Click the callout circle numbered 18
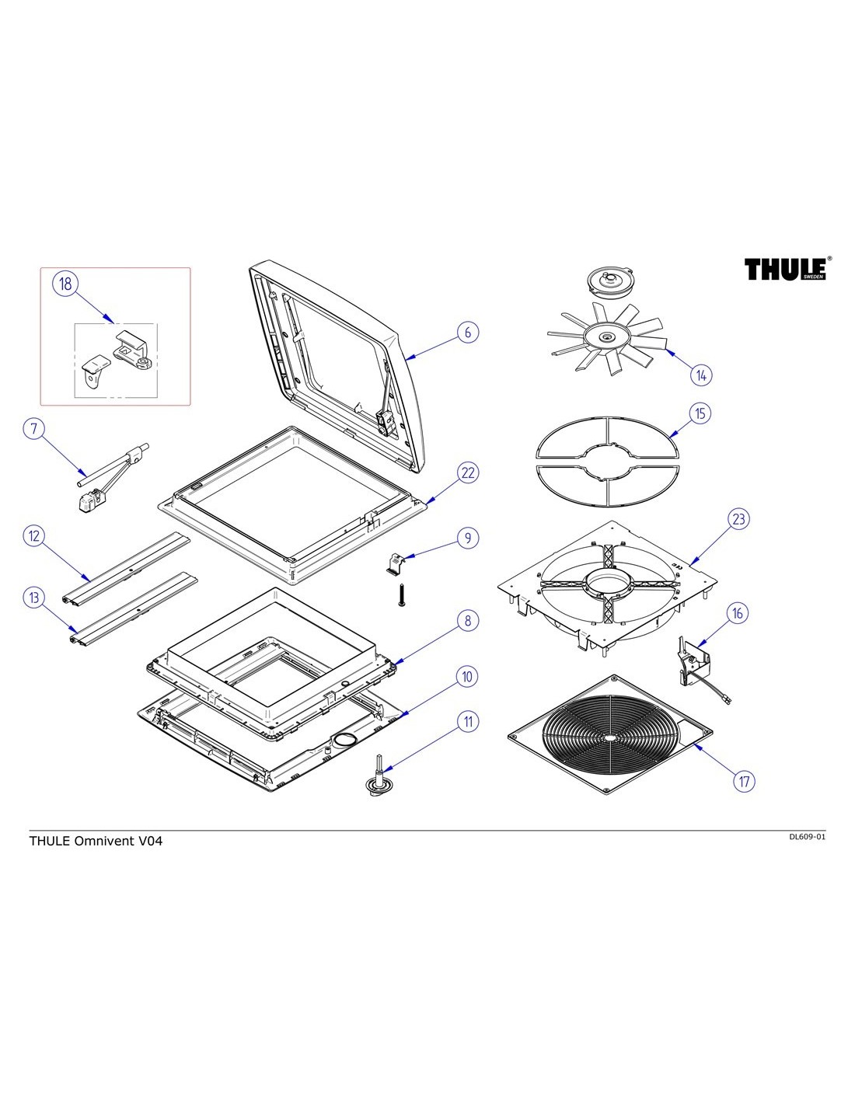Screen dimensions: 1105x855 (65, 284)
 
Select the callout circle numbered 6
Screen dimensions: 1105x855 (467, 332)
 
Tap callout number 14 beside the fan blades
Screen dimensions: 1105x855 (701, 375)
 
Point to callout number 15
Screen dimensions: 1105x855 (700, 413)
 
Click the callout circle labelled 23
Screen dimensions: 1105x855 (738, 518)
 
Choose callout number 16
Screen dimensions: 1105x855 (738, 613)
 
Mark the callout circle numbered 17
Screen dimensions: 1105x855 (745, 780)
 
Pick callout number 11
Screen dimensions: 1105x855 (467, 721)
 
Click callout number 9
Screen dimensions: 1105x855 (467, 538)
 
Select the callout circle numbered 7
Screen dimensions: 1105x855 (34, 428)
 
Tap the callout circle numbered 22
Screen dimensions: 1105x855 (467, 472)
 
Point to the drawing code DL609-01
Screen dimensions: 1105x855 (806, 837)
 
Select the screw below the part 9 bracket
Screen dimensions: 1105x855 (402, 595)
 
